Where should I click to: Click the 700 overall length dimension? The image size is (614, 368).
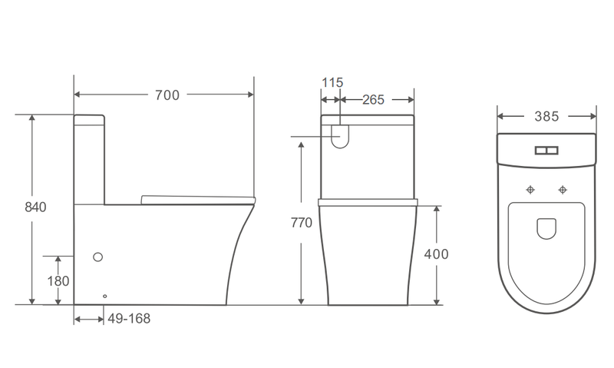coord(167,95)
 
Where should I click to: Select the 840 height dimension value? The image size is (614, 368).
coord(35,207)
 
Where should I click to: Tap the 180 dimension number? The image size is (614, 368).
coord(58,280)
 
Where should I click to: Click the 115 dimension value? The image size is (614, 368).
coord(333,82)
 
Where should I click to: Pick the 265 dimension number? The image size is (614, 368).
coord(374,100)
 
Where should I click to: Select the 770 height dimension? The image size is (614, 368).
coord(302,223)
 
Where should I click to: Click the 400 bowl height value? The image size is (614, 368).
coord(435,254)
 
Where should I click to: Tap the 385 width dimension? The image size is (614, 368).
coord(546,117)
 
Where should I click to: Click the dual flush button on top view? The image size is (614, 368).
coord(546,151)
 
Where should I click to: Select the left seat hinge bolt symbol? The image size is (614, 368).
coord(530,189)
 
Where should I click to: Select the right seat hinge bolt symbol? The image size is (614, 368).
coord(564,189)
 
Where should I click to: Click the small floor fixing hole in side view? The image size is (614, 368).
coord(105,295)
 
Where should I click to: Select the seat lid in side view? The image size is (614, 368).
coord(198,200)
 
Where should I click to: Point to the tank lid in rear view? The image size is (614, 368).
coord(367,119)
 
